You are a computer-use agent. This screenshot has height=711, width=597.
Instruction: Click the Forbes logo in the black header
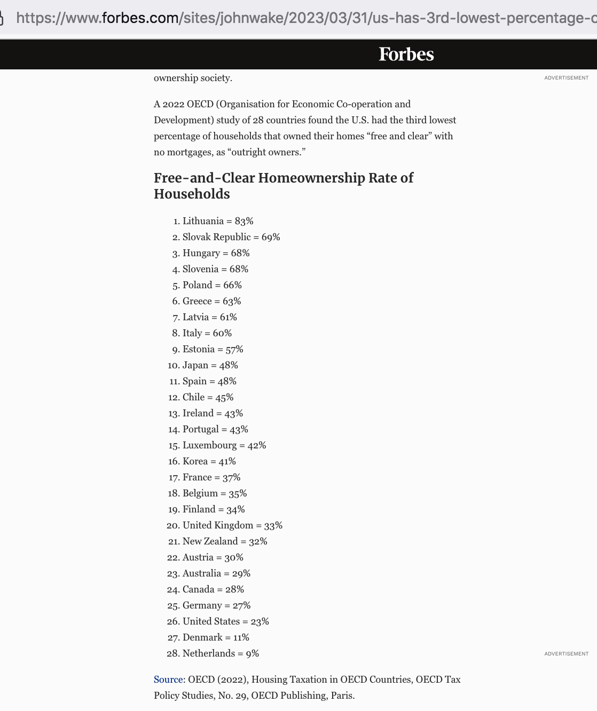[x=406, y=54]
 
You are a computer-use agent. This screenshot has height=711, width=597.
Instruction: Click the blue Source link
[x=168, y=680]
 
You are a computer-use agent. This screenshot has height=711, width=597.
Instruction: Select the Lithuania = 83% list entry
[x=218, y=221]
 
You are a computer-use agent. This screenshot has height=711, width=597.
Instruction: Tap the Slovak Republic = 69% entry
[x=231, y=237]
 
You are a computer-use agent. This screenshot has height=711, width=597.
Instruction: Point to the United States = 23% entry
[x=225, y=621]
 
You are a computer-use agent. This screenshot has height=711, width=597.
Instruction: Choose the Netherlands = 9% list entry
[x=221, y=653]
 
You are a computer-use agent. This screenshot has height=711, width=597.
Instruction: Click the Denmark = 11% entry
[x=216, y=637]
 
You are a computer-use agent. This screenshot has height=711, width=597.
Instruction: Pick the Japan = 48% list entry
[x=210, y=365]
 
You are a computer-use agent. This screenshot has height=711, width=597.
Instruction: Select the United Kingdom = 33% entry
[x=232, y=525]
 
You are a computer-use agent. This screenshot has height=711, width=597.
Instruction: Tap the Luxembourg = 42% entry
[x=224, y=445]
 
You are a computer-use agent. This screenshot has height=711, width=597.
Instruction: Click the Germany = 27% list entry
[x=216, y=605]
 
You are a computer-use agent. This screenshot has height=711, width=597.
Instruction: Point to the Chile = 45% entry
[x=208, y=397]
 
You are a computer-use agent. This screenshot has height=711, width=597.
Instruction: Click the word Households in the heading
[x=192, y=194]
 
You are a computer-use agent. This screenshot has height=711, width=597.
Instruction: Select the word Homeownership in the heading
[x=312, y=178]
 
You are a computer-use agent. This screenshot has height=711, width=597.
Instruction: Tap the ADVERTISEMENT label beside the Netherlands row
[x=566, y=654]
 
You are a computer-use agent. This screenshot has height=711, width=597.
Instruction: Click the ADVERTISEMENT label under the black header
[x=566, y=78]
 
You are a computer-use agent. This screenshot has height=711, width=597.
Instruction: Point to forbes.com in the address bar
[x=140, y=18]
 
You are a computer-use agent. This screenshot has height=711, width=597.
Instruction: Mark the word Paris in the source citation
[x=342, y=696]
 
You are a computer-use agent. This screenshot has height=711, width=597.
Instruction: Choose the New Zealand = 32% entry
[x=225, y=541]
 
